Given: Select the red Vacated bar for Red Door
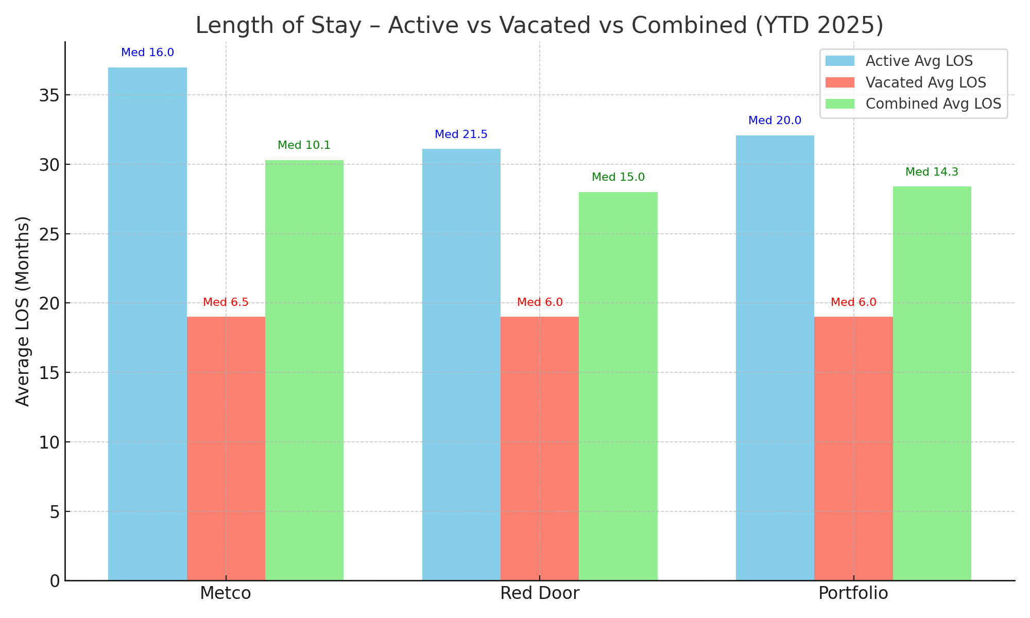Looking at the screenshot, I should [539, 448].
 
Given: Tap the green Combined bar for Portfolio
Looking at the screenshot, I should [932, 383].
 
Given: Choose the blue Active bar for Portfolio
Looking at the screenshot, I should [775, 357].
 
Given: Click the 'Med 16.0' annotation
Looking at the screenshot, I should [147, 53].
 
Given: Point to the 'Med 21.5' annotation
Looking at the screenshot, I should [461, 134].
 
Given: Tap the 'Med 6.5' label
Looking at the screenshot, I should [226, 302].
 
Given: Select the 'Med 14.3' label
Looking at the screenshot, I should [932, 172].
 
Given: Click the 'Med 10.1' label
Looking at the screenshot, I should [304, 145].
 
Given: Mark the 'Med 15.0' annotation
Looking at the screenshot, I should [618, 177].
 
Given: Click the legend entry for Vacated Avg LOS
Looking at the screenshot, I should [925, 82].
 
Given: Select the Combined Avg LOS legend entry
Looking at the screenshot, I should [933, 104].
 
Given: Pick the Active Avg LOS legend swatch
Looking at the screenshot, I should [839, 61].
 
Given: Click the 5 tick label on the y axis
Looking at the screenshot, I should [55, 512].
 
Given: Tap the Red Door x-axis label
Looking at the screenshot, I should [539, 593].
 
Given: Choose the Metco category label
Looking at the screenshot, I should [226, 593].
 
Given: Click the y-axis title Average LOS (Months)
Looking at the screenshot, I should [23, 311].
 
